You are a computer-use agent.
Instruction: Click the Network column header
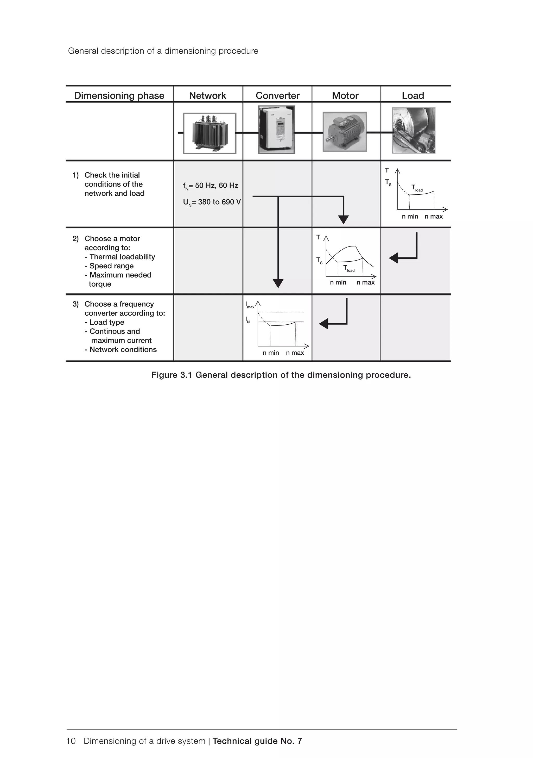pyautogui.click(x=207, y=96)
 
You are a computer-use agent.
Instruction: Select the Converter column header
pyautogui.click(x=277, y=96)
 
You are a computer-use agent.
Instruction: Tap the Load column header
pyautogui.click(x=413, y=96)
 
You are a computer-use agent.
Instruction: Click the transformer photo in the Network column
pyautogui.click(x=210, y=133)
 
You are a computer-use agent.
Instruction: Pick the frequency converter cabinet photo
pyautogui.click(x=276, y=130)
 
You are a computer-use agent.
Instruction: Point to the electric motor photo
pyautogui.click(x=345, y=132)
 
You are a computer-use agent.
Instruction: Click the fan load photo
pyautogui.click(x=414, y=130)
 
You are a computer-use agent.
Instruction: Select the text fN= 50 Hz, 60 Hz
pyautogui.click(x=211, y=186)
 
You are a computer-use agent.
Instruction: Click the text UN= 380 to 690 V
pyautogui.click(x=212, y=202)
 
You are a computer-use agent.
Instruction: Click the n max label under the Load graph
pyautogui.click(x=433, y=217)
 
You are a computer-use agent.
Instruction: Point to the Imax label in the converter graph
pyautogui.click(x=249, y=305)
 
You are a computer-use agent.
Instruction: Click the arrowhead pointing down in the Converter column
pyautogui.click(x=278, y=283)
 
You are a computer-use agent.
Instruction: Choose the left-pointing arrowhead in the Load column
pyautogui.click(x=394, y=258)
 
